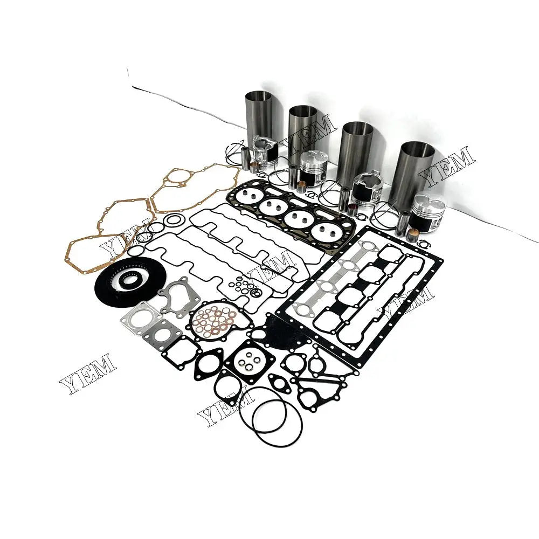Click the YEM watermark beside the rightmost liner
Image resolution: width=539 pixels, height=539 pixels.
tap(447, 164)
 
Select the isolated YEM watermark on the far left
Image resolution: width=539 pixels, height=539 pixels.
tap(86, 374)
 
